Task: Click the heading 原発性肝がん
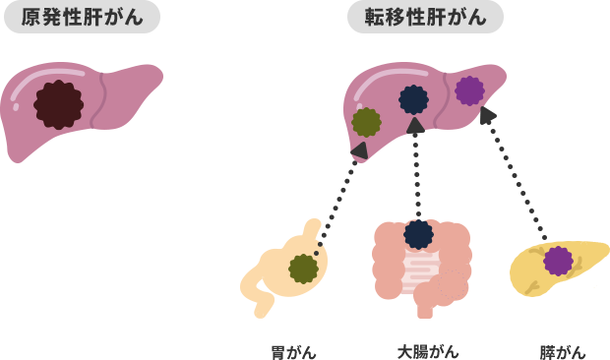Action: click(82, 18)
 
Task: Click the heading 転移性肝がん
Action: click(425, 18)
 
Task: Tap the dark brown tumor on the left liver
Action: click(58, 105)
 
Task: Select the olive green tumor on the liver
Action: click(367, 122)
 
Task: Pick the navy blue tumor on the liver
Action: click(414, 99)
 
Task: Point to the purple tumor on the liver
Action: click(469, 91)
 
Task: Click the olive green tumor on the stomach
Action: click(304, 268)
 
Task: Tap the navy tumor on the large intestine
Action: click(418, 234)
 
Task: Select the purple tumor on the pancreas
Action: click(558, 261)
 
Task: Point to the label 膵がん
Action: click(563, 351)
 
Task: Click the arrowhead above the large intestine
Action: click(416, 126)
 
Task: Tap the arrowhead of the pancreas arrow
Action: click(487, 115)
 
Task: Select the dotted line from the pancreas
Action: click(517, 183)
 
